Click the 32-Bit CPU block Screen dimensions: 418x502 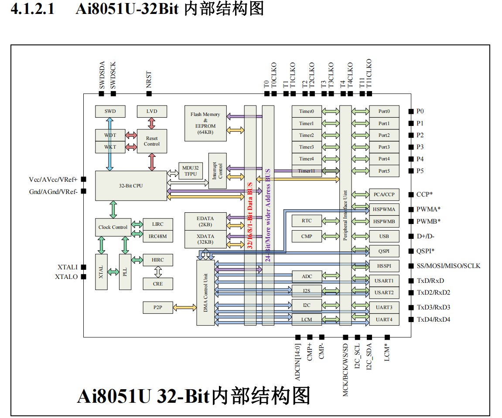tap(131, 186)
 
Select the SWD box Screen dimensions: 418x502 tap(110, 111)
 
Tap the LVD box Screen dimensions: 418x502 tap(152, 111)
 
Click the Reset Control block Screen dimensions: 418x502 tap(152, 141)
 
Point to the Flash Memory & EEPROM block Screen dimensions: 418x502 tap(205, 123)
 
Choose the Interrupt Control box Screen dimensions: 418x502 tap(218, 170)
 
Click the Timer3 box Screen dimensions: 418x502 tap(307, 147)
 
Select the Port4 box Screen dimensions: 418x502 tap(384, 159)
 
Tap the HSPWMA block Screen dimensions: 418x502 tap(384, 209)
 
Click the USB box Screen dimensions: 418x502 tap(384, 236)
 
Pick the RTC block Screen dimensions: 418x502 tap(307, 221)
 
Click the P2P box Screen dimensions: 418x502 tap(158, 307)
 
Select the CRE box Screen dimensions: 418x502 tap(158, 284)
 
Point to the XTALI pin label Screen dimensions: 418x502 tap(67, 267)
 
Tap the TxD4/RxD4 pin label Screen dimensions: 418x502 tap(433, 319)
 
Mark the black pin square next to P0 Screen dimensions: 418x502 tap(411, 111)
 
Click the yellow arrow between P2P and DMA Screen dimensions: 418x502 tap(185, 307)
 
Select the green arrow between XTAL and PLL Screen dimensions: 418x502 tap(113, 272)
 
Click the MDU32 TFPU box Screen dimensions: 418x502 tap(191, 170)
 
